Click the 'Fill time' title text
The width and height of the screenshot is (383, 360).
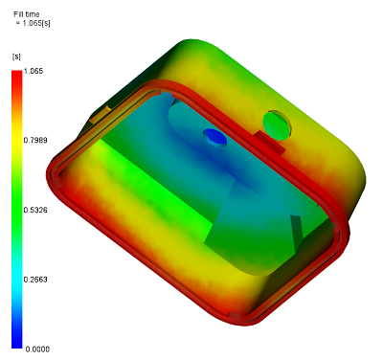point(27,14)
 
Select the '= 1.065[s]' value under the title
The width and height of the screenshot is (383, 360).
point(34,23)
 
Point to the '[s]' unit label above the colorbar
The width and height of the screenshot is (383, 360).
point(16,56)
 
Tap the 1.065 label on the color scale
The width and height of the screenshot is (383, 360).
point(34,71)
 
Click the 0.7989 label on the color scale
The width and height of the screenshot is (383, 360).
point(35,140)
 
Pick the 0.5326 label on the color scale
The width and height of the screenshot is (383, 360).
point(35,210)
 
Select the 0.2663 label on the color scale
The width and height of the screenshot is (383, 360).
point(35,280)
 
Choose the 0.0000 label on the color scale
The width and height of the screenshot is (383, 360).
point(37,349)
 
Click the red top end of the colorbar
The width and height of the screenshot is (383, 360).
point(17,75)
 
